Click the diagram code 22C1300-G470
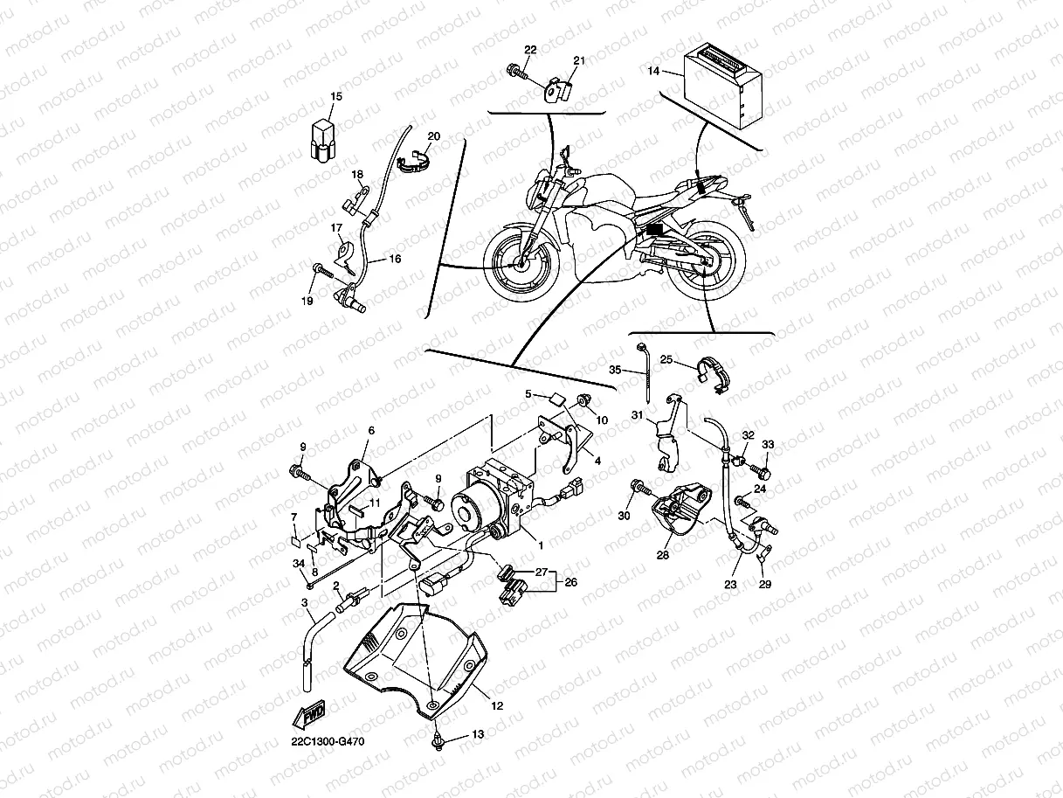pyautogui.click(x=328, y=742)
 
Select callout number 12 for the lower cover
pyautogui.click(x=496, y=705)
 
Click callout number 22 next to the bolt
pyautogui.click(x=531, y=49)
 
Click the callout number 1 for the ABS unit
pyautogui.click(x=541, y=545)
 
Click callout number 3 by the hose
pyautogui.click(x=304, y=603)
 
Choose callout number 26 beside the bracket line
pyautogui.click(x=572, y=581)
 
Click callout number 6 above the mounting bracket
pyautogui.click(x=370, y=430)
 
